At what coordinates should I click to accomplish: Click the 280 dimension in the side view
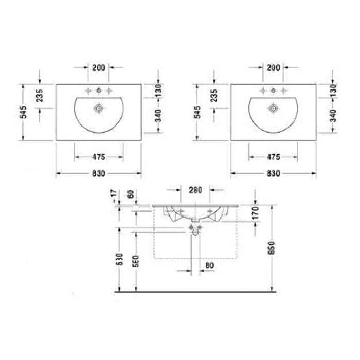click(x=196, y=190)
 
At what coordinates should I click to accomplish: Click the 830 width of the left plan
click(x=99, y=174)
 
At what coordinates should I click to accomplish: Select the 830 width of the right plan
click(x=273, y=174)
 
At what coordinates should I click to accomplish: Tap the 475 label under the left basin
click(x=99, y=157)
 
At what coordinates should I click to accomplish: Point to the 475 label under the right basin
click(x=273, y=157)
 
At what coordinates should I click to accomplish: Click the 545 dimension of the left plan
click(x=23, y=112)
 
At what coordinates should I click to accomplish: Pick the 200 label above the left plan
click(x=99, y=67)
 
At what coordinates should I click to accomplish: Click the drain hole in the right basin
click(x=273, y=108)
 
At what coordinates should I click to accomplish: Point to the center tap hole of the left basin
click(x=99, y=91)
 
